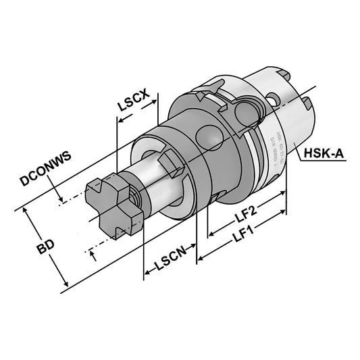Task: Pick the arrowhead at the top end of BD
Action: [x=28, y=211]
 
